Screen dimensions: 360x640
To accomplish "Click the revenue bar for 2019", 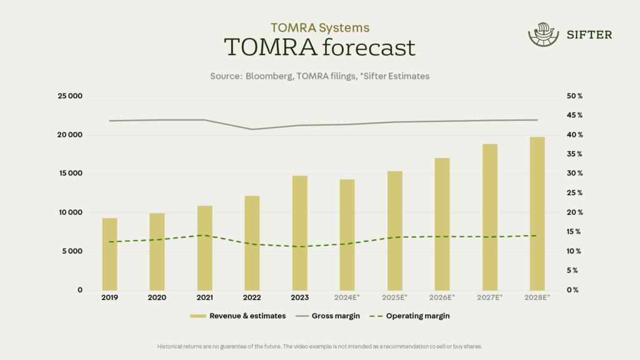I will point(110,254).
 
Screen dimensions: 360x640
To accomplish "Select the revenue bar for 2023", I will point(300,232).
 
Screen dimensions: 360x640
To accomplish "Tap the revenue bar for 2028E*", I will point(537,213).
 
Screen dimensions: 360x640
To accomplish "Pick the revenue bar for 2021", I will point(205,247).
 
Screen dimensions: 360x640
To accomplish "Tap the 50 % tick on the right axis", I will point(574,96).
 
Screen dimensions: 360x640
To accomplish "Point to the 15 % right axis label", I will point(574,232).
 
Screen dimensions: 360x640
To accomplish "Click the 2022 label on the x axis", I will point(252,297).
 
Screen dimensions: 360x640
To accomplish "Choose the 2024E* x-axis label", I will point(347,297).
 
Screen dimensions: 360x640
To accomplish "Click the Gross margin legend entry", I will point(336,316).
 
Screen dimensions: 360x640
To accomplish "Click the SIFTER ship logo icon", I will point(542,35).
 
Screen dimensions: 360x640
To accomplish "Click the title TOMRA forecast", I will point(319,47).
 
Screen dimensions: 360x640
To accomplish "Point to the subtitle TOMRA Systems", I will point(319,27).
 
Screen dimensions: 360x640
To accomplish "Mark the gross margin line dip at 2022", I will point(252,129).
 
